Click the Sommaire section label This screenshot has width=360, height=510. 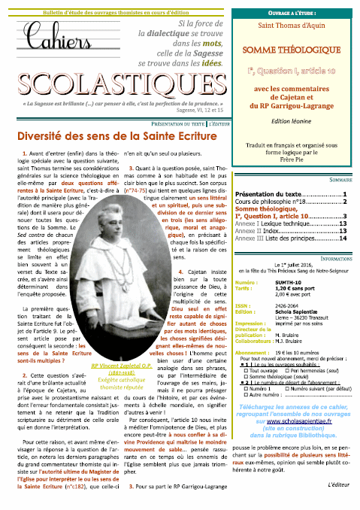[337, 180]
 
